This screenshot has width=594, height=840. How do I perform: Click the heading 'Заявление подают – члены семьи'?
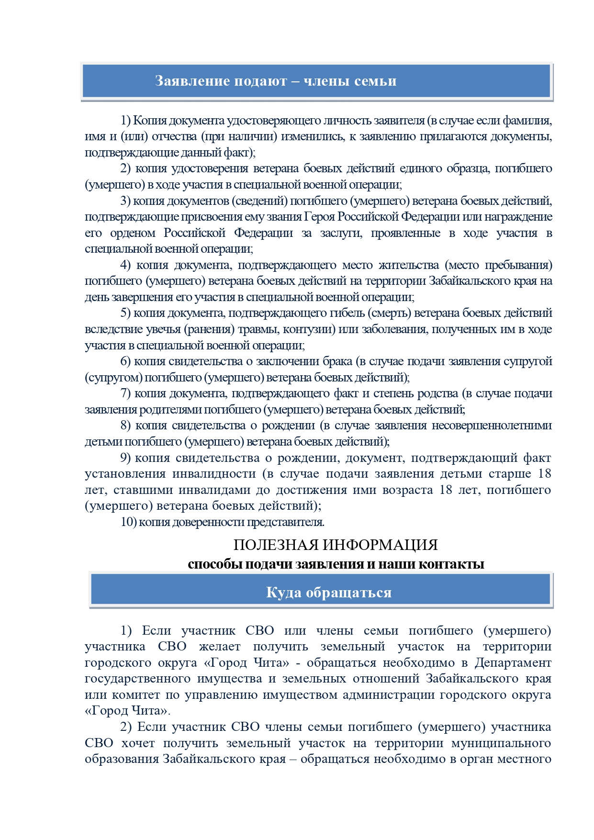(276, 81)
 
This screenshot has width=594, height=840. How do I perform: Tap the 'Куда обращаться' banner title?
(328, 593)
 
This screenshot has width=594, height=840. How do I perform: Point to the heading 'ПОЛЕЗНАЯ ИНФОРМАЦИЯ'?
(336, 545)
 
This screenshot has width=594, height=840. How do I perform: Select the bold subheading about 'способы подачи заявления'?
(336, 564)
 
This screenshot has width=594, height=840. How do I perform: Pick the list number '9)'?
(125, 458)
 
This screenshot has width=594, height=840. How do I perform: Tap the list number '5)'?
(125, 313)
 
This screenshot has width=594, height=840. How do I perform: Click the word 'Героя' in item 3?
(320, 217)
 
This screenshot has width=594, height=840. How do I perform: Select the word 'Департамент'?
(513, 663)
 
